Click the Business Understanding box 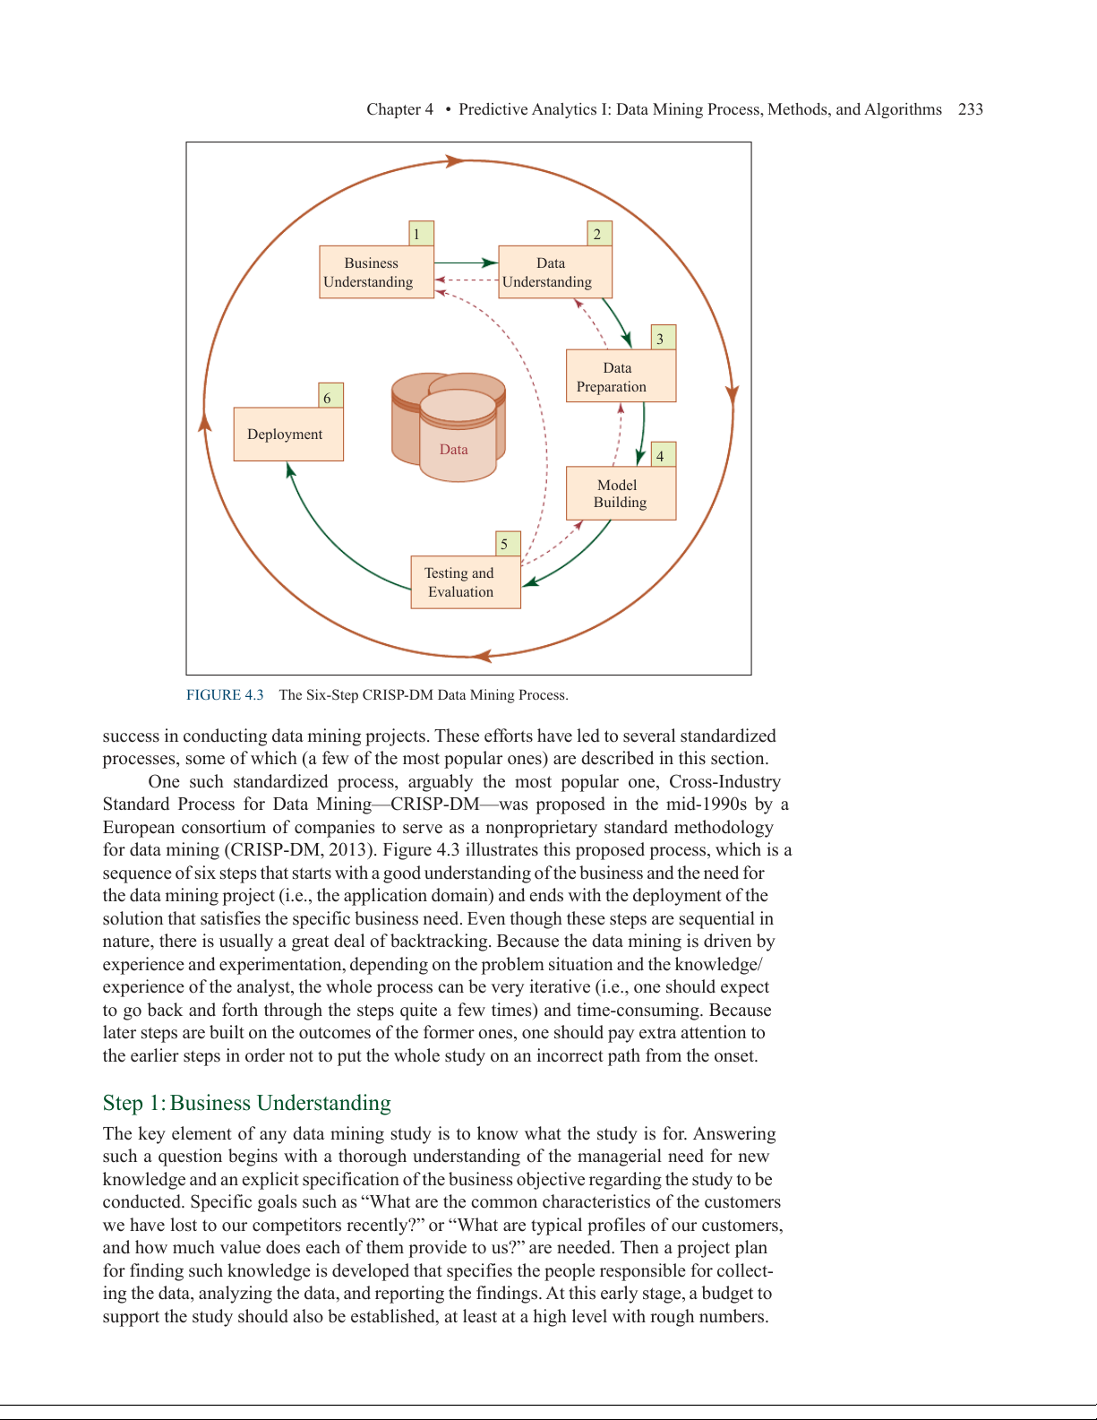pyautogui.click(x=376, y=272)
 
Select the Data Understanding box pyautogui.click(x=554, y=272)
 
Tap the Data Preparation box pyautogui.click(x=620, y=376)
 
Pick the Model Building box pyautogui.click(x=620, y=494)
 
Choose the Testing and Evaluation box pyautogui.click(x=465, y=582)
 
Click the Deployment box pyautogui.click(x=287, y=435)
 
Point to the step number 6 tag pyautogui.click(x=330, y=396)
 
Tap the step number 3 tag pyautogui.click(x=663, y=338)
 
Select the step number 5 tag pyautogui.click(x=507, y=543)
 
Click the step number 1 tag pyautogui.click(x=420, y=234)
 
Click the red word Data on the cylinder pyautogui.click(x=454, y=450)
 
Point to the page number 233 pyautogui.click(x=971, y=109)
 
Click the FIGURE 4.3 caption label pyautogui.click(x=225, y=695)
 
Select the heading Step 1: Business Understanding pyautogui.click(x=246, y=1103)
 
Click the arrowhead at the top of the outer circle pyautogui.click(x=455, y=161)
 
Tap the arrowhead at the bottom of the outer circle pyautogui.click(x=483, y=656)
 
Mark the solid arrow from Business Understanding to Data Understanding pyautogui.click(x=466, y=262)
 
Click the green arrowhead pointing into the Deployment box pyautogui.click(x=289, y=469)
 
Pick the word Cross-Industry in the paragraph pyautogui.click(x=724, y=781)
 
